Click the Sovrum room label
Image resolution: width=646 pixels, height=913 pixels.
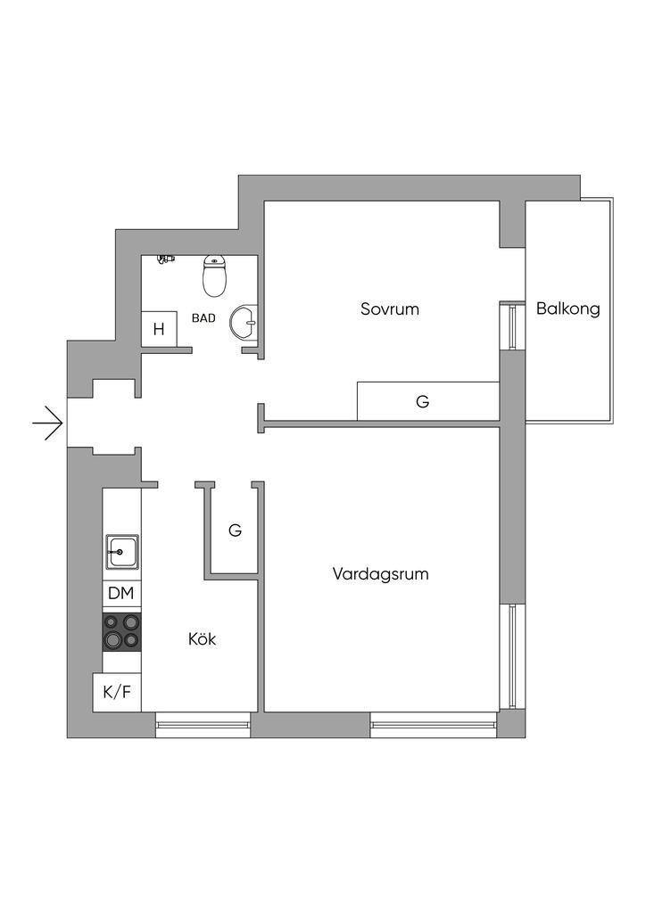coord(390,308)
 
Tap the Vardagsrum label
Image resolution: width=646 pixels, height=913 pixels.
coord(380,574)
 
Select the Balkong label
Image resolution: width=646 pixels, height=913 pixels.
coord(568,308)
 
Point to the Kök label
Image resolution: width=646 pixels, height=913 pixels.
coord(203,638)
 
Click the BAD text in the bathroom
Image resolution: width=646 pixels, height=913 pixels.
coord(203,318)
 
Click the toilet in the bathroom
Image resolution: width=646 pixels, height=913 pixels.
coord(214,276)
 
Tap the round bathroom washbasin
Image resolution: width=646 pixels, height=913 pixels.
coord(244,322)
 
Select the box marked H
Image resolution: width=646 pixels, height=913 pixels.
coord(159,329)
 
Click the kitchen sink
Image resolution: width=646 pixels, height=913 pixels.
coord(121,551)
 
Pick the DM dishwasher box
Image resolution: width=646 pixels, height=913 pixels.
coord(121,594)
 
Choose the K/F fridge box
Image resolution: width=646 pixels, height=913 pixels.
coord(117,692)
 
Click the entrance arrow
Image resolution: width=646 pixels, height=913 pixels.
coord(47,422)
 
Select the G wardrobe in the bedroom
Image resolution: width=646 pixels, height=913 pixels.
coord(428,401)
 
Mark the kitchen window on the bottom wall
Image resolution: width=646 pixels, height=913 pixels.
coord(203,725)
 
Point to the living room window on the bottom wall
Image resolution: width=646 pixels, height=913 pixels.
coord(434,725)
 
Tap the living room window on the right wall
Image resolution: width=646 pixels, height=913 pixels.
coord(512,656)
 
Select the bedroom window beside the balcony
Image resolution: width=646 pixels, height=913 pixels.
coord(512,325)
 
